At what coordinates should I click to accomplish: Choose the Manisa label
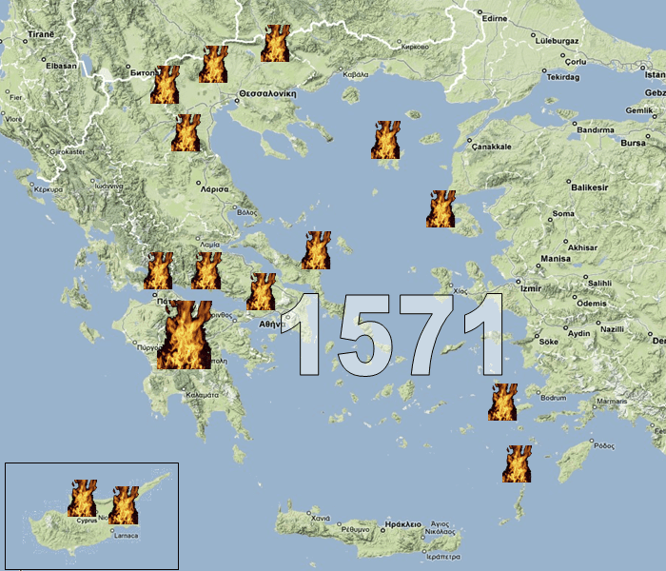coord(555,259)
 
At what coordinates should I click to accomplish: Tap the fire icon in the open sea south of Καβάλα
coord(385,140)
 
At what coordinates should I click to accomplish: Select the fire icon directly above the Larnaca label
coord(124,505)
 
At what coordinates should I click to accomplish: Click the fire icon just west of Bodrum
coord(502,402)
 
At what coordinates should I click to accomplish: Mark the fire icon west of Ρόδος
coord(518,463)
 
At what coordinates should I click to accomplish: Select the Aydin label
coord(578,333)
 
